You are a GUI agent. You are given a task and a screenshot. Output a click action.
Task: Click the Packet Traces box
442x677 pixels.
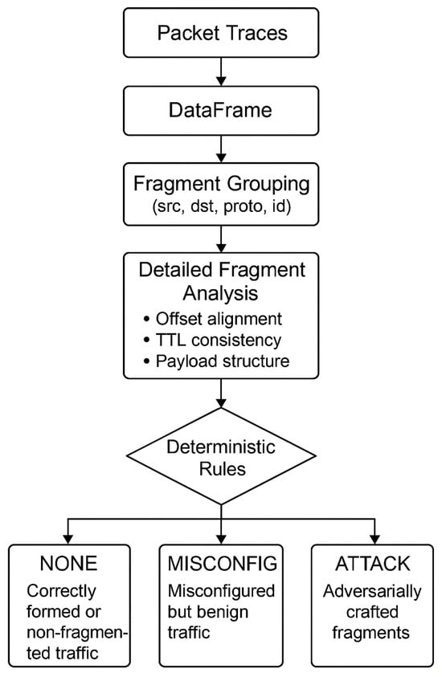coord(220,34)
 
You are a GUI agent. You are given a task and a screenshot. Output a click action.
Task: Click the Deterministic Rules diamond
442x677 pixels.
coord(220,455)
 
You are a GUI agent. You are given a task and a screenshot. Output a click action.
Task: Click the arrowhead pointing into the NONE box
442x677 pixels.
coord(69,537)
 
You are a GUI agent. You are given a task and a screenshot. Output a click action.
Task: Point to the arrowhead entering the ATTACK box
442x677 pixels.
coord(371,537)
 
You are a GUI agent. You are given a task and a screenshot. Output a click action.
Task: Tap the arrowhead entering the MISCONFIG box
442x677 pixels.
coord(220,537)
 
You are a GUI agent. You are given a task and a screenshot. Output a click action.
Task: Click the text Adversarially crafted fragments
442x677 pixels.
coord(371,612)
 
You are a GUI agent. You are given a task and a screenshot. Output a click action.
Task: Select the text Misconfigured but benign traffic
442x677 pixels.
coord(220,612)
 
